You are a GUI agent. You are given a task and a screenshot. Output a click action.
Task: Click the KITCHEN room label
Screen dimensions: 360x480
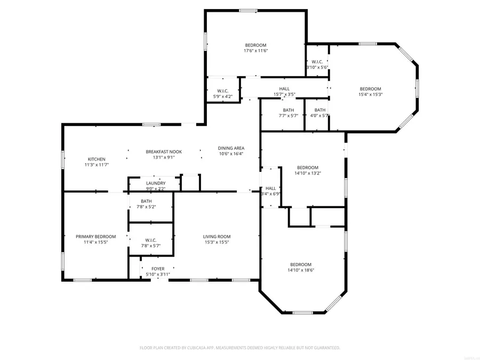pyautogui.click(x=97, y=159)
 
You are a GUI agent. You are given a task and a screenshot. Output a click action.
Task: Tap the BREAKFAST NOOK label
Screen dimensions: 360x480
pyautogui.click(x=164, y=151)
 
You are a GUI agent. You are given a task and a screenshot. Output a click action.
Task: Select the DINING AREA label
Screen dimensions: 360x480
pyautogui.click(x=231, y=148)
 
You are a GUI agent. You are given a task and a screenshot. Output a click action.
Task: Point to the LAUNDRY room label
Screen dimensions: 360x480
pyautogui.click(x=156, y=183)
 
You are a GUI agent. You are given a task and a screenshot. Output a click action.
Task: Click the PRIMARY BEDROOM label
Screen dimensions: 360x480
pyautogui.click(x=96, y=236)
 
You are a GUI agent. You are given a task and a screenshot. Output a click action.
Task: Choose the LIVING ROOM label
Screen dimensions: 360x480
pyautogui.click(x=217, y=236)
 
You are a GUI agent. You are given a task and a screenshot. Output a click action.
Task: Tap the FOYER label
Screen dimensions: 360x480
pyautogui.click(x=158, y=269)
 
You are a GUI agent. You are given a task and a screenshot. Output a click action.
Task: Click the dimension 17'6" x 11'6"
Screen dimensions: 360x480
pyautogui.click(x=255, y=51)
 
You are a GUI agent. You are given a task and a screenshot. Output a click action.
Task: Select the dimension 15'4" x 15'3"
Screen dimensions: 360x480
pyautogui.click(x=370, y=94)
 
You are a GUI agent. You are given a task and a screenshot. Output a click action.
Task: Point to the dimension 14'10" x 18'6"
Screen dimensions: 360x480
pyautogui.click(x=300, y=270)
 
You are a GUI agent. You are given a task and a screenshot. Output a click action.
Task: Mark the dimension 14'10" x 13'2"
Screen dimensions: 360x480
pyautogui.click(x=307, y=173)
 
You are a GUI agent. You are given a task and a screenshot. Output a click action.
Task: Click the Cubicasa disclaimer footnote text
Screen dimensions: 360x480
pyautogui.click(x=240, y=348)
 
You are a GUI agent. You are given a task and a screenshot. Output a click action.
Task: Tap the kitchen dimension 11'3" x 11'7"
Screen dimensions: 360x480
pyautogui.click(x=97, y=165)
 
